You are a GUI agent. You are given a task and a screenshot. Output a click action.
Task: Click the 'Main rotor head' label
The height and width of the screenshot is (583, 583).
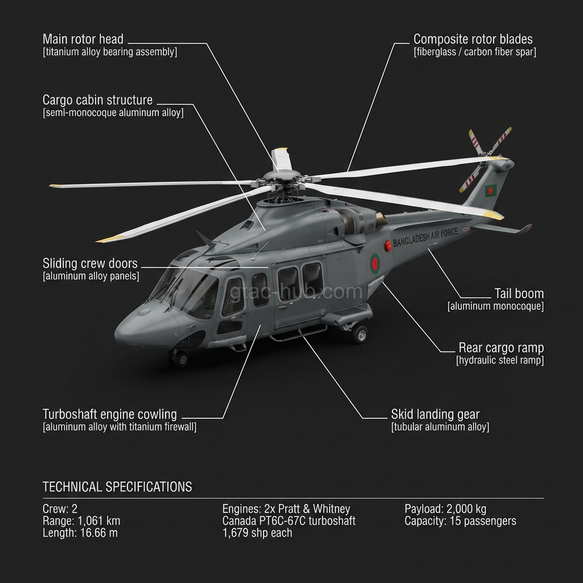click(83, 39)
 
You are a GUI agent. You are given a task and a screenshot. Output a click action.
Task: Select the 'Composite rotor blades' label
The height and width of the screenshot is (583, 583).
click(473, 39)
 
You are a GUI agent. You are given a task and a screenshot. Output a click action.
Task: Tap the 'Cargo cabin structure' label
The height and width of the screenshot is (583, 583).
click(97, 100)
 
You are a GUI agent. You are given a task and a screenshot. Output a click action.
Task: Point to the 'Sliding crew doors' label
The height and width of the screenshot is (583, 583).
click(90, 264)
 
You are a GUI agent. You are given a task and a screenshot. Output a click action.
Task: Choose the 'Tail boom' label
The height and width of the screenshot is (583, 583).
click(518, 294)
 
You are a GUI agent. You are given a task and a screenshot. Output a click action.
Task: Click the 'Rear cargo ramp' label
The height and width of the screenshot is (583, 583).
click(501, 348)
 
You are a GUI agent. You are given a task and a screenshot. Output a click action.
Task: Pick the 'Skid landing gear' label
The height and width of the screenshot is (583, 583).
click(435, 414)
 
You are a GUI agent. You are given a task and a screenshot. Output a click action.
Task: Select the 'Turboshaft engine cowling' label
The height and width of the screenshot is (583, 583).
click(110, 414)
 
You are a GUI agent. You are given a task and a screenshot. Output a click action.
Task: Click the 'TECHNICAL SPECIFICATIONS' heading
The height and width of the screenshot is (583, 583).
click(117, 487)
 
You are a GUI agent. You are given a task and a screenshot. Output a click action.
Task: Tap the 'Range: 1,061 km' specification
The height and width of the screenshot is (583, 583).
click(81, 521)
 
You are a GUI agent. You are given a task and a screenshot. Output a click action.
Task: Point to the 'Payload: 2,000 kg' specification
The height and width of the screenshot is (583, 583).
click(445, 509)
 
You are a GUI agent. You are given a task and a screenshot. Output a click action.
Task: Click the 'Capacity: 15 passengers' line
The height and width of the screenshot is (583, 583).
click(460, 521)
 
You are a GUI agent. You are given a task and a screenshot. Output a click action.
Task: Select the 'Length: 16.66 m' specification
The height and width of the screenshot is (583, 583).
click(80, 533)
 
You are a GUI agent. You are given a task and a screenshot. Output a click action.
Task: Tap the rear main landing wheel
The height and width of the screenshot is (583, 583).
click(359, 334)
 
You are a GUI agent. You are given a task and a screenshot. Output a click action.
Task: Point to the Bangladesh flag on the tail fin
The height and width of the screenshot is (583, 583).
click(490, 190)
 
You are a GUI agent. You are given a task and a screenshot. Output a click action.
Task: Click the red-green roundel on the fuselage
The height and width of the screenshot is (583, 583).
click(375, 263)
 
